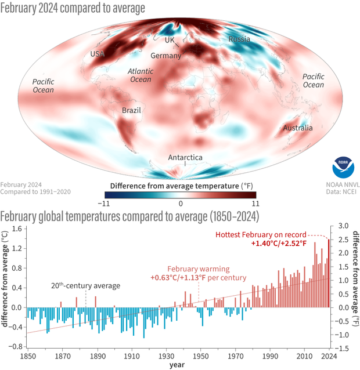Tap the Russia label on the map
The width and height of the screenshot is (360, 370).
point(239,39)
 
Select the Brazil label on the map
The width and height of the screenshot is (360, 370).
point(131,110)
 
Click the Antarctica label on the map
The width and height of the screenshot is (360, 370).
point(185,157)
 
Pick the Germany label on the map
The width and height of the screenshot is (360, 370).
point(166,56)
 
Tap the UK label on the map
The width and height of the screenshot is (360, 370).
point(170,40)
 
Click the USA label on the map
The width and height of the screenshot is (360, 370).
point(98,54)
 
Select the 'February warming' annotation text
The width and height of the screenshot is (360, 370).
point(199,270)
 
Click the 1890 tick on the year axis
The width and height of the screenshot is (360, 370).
point(97,356)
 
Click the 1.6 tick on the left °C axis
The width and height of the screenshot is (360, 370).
point(16,229)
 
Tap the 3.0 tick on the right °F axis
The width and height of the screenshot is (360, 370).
point(343,226)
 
